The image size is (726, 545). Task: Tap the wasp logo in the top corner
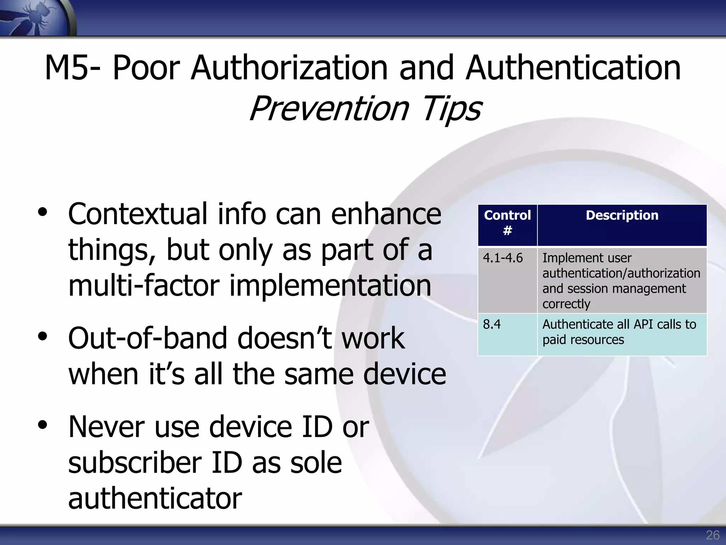(35, 17)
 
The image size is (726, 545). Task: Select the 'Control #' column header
(507, 223)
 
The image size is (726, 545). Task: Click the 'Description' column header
(622, 215)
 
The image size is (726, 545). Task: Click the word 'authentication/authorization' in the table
(621, 273)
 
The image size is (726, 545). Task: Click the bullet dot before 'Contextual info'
(43, 213)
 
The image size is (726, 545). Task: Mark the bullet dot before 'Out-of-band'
(43, 337)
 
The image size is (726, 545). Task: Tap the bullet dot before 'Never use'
(43, 425)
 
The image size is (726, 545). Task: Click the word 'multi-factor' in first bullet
(144, 286)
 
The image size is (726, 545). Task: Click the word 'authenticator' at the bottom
(155, 498)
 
